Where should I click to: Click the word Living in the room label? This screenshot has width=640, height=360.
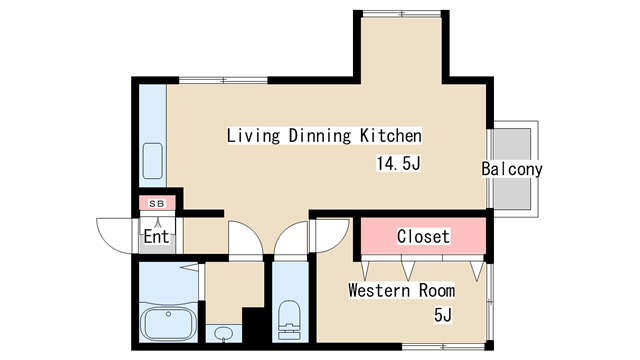point(253,136)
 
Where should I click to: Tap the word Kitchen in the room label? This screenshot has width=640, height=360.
point(391,136)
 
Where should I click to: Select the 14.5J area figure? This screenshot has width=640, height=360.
point(398,164)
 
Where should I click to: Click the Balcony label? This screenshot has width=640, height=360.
point(512,169)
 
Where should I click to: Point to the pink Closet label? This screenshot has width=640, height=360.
point(423,236)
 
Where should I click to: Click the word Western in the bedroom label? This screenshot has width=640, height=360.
point(379,290)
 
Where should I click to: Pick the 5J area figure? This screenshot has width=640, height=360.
point(443,315)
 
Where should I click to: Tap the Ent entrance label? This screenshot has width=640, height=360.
point(156,237)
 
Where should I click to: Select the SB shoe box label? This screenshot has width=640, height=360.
point(157,203)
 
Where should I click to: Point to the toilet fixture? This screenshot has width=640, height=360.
point(289,320)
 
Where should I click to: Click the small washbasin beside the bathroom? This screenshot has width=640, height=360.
point(223,334)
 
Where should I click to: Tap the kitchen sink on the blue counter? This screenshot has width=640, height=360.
point(153,161)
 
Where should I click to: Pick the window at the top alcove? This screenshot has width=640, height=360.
point(402,13)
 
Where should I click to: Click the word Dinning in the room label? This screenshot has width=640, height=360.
point(320,136)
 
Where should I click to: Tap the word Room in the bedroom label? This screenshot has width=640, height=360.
point(437,290)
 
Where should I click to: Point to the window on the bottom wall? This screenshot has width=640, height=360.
point(443,347)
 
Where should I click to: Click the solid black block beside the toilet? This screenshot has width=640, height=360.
point(253,325)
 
